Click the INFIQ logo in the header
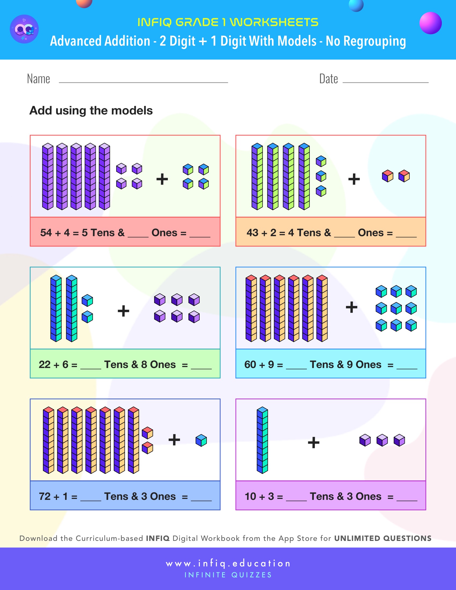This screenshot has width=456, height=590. [24, 29]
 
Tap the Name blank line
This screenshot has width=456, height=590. [143, 82]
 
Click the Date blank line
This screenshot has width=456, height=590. [385, 82]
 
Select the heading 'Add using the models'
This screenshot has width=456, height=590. [91, 110]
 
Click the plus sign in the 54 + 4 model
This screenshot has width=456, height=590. [162, 179]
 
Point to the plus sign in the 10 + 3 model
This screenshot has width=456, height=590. [314, 442]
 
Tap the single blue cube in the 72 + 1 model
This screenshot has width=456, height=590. [201, 440]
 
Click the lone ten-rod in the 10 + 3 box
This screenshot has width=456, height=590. [262, 440]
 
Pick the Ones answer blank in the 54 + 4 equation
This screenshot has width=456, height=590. [138, 235]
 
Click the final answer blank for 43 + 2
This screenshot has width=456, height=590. [406, 235]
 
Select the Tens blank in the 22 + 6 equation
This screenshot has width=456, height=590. [91, 367]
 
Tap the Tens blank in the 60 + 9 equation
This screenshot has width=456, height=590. [296, 367]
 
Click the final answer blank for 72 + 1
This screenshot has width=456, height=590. [201, 499]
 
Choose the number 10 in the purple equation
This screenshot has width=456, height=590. [250, 496]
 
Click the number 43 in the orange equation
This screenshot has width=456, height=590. [252, 233]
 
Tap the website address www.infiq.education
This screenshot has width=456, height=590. [228, 563]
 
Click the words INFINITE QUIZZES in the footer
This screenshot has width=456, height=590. [228, 575]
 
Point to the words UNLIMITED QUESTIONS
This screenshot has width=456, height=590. [383, 539]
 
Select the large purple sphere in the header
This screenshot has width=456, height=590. [430, 23]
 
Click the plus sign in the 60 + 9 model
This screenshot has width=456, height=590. [351, 307]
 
